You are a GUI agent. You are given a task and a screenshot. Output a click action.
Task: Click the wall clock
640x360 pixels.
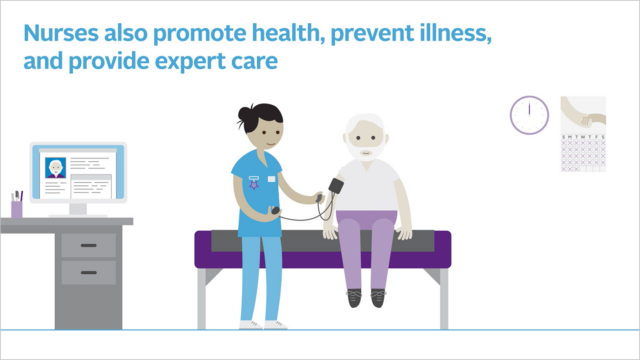pyautogui.click(x=529, y=114)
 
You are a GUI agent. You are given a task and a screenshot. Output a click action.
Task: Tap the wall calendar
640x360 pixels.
pyautogui.click(x=583, y=134)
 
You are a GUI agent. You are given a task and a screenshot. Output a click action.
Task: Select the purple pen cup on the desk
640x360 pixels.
pyautogui.click(x=17, y=207)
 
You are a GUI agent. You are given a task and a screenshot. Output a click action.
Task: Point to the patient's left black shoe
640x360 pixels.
pyautogui.click(x=378, y=297)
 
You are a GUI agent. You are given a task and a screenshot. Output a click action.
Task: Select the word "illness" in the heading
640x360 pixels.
pyautogui.click(x=446, y=34)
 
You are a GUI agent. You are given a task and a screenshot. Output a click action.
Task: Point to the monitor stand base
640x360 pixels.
pyautogui.click(x=76, y=213)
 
